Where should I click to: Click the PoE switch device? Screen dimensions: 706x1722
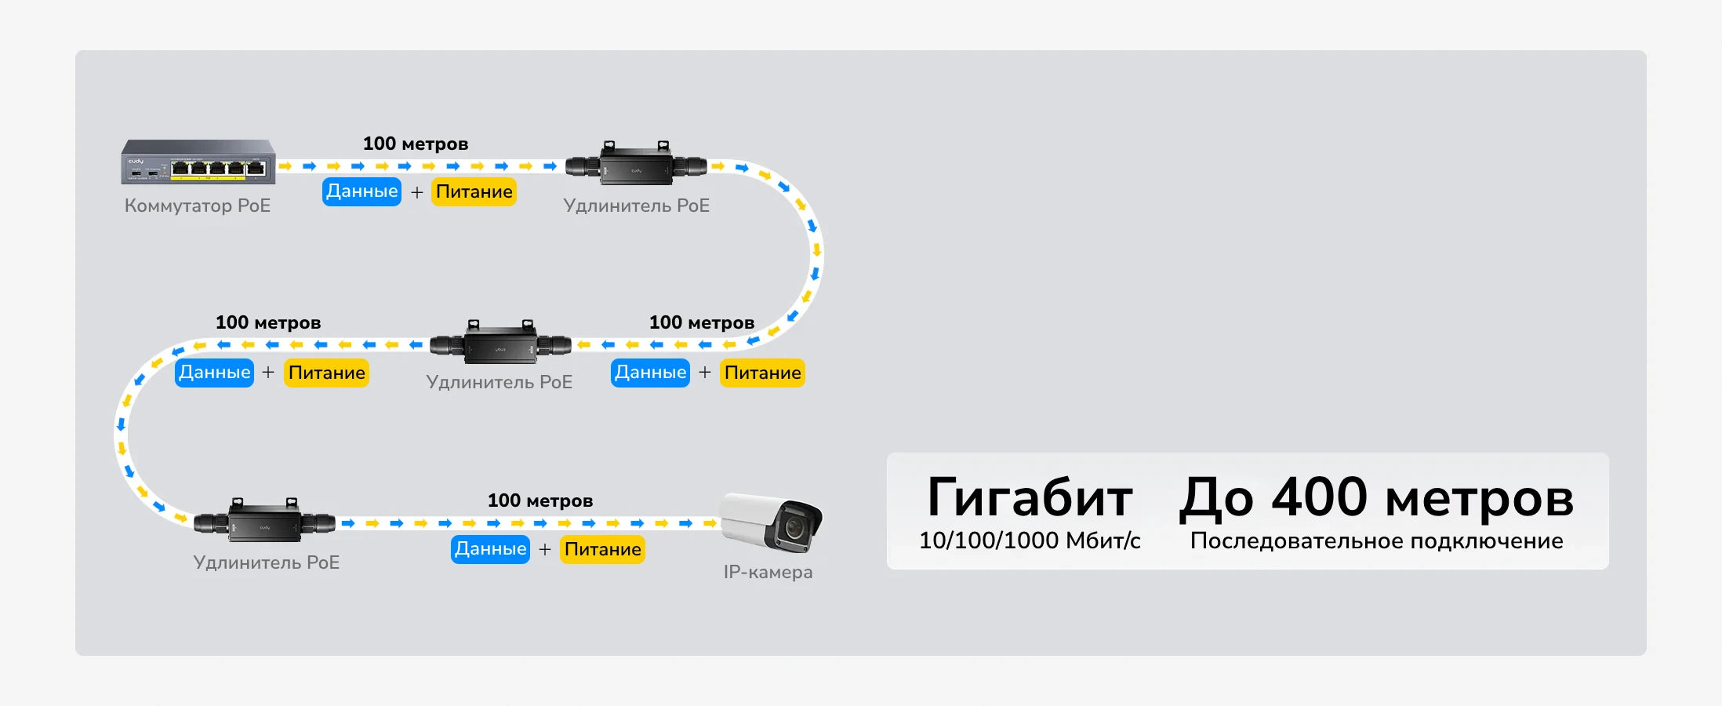click(198, 162)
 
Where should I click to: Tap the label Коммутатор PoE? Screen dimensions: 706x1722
click(198, 206)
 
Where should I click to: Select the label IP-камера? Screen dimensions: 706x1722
click(768, 572)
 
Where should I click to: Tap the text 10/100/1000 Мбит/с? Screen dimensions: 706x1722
click(1030, 540)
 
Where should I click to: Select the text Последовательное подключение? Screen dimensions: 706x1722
click(1376, 540)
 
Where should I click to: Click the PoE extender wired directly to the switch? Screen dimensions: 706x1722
click(636, 165)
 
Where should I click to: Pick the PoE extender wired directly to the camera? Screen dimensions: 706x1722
click(264, 521)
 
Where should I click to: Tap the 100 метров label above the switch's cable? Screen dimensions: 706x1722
click(416, 144)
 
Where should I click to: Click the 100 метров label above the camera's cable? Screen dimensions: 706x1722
click(540, 500)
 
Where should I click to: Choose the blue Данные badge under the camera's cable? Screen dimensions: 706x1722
click(490, 549)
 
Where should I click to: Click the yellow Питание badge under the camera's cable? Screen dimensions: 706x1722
click(602, 549)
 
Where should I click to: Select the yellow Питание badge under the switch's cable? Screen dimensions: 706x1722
click(474, 191)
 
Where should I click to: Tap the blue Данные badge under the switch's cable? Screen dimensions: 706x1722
click(361, 191)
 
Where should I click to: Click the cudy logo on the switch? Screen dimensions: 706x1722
click(136, 162)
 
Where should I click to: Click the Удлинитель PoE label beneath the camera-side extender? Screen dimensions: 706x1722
click(266, 562)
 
